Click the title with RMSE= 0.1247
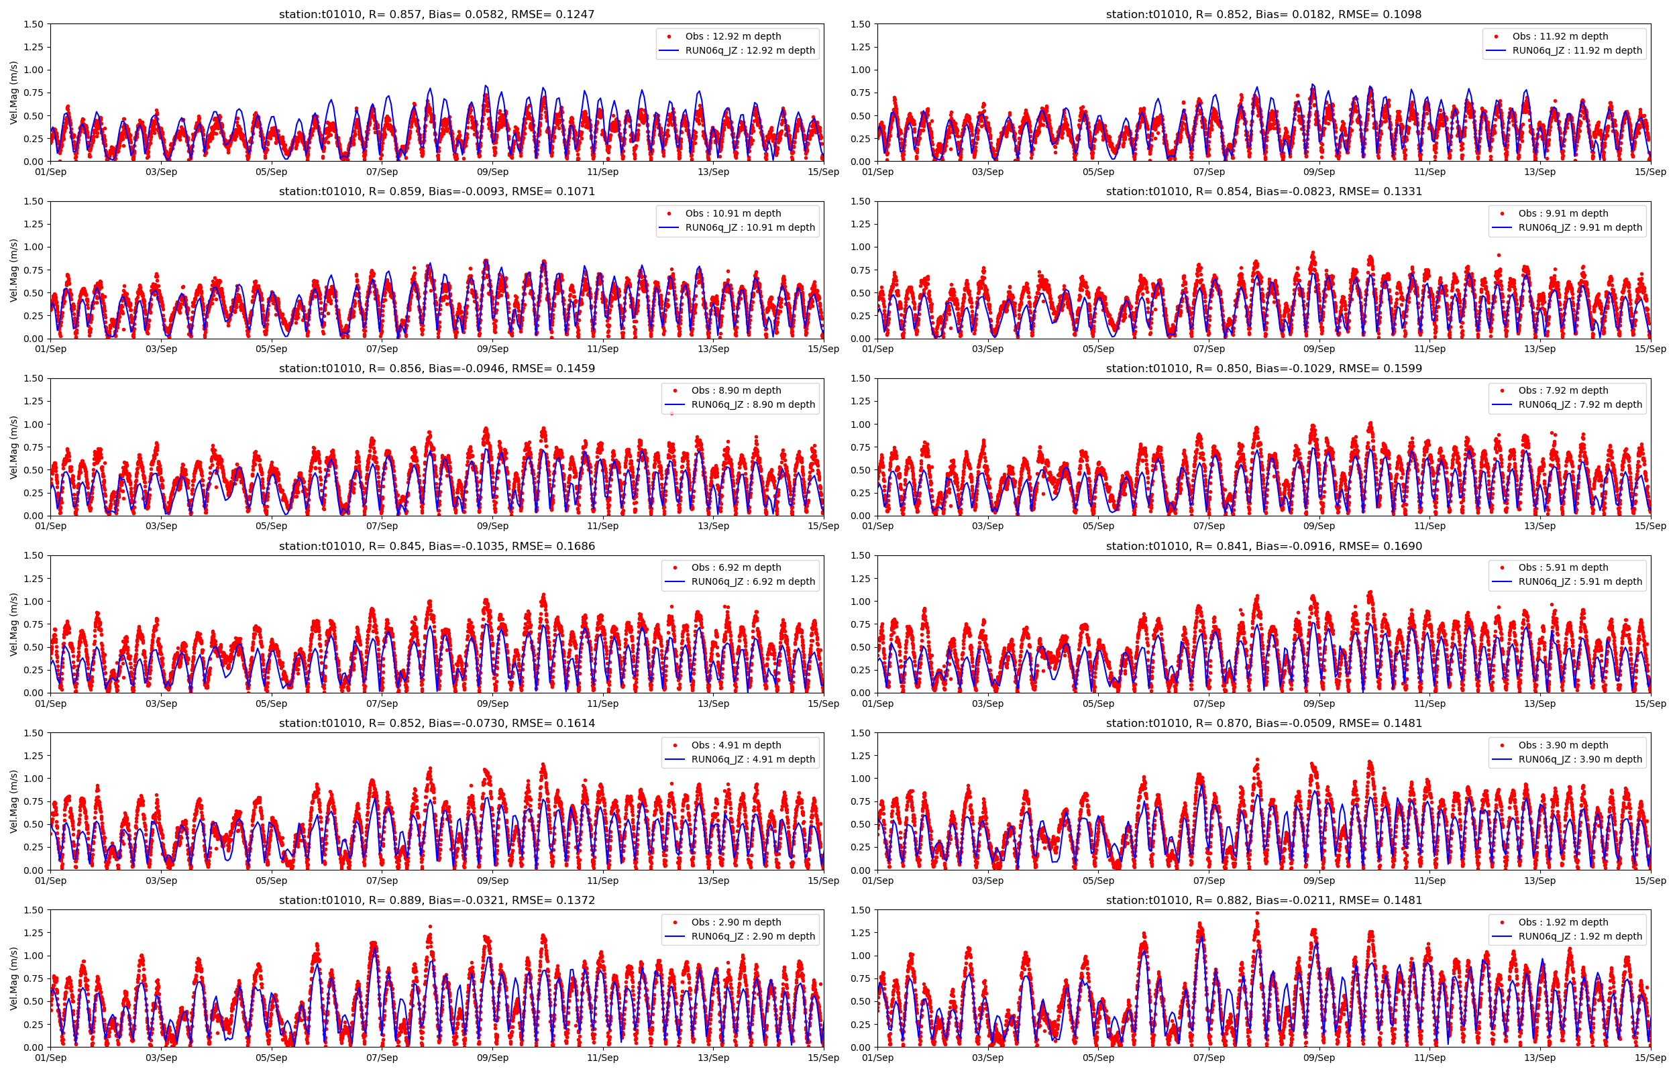point(436,14)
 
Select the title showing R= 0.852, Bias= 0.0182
point(1263,14)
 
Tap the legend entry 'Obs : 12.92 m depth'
point(733,36)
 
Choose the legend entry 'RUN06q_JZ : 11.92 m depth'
point(1576,50)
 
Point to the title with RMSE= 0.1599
point(1263,369)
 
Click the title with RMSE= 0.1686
point(436,547)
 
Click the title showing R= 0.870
point(1263,723)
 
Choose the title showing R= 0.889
point(436,900)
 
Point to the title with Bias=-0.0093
point(436,192)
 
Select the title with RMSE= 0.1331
point(1263,192)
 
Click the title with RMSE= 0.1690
point(1263,547)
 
